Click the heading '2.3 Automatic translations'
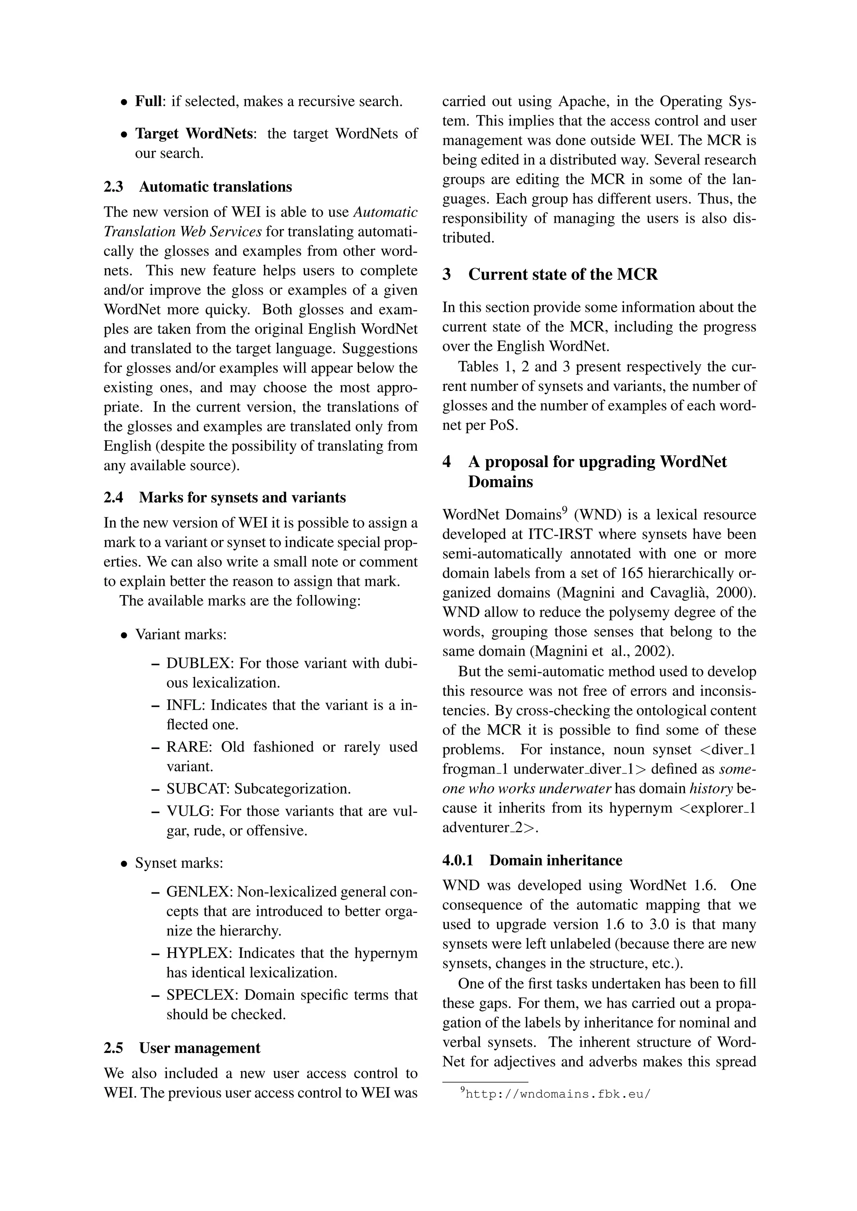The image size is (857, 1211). tap(198, 187)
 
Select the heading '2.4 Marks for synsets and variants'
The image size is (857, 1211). tap(224, 497)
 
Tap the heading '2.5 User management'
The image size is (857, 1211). tap(182, 1047)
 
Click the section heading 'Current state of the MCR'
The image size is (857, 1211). tap(562, 274)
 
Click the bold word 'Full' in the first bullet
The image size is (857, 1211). tap(148, 101)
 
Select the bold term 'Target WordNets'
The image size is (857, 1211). tap(194, 133)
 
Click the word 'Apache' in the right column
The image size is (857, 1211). tap(581, 101)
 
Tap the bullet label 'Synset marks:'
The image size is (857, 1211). tap(179, 863)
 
